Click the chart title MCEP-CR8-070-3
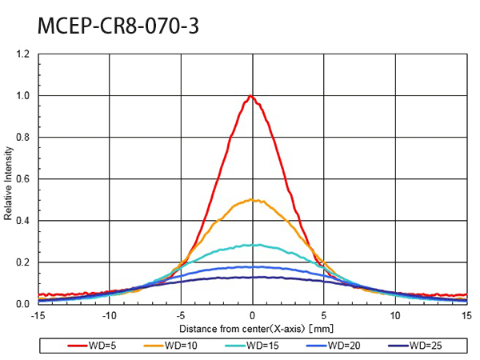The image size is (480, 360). [118, 26]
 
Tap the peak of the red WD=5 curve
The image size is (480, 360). [251, 96]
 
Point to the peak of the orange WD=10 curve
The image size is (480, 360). [253, 199]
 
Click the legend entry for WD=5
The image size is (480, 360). [91, 346]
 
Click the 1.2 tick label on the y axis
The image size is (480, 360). [22, 54]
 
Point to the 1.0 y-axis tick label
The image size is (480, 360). [22, 96]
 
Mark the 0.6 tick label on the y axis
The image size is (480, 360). [22, 179]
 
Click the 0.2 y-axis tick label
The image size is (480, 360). [22, 262]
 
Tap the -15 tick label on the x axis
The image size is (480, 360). [37, 315]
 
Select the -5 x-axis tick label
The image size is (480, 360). [180, 315]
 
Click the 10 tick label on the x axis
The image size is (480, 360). [394, 315]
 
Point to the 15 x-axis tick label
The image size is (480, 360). [466, 315]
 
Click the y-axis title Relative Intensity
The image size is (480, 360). [9, 180]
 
